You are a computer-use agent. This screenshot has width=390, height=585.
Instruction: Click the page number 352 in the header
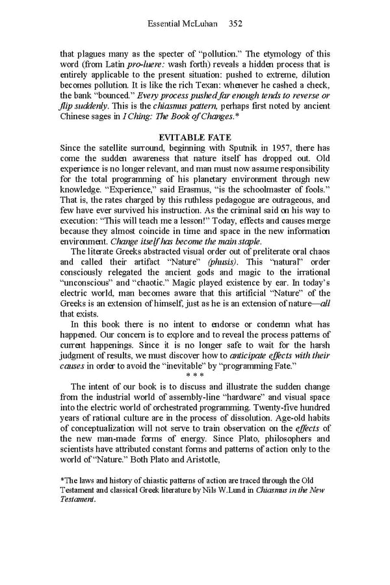[235, 24]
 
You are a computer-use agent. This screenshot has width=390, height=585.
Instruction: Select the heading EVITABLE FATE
[194, 137]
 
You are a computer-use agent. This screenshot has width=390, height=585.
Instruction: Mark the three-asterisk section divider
[195, 375]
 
